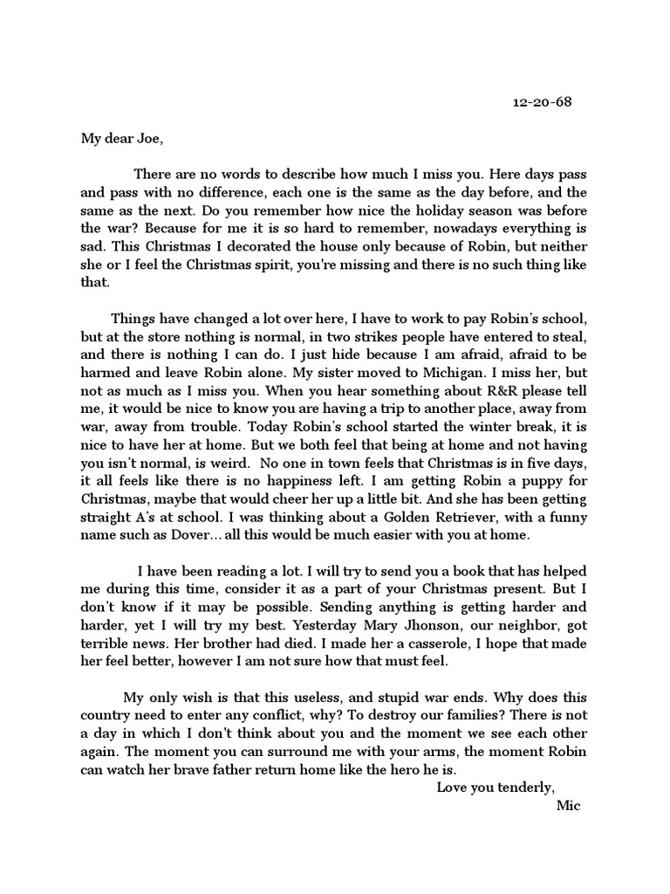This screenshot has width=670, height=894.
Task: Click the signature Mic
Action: click(568, 806)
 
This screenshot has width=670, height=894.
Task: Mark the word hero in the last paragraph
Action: click(401, 770)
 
